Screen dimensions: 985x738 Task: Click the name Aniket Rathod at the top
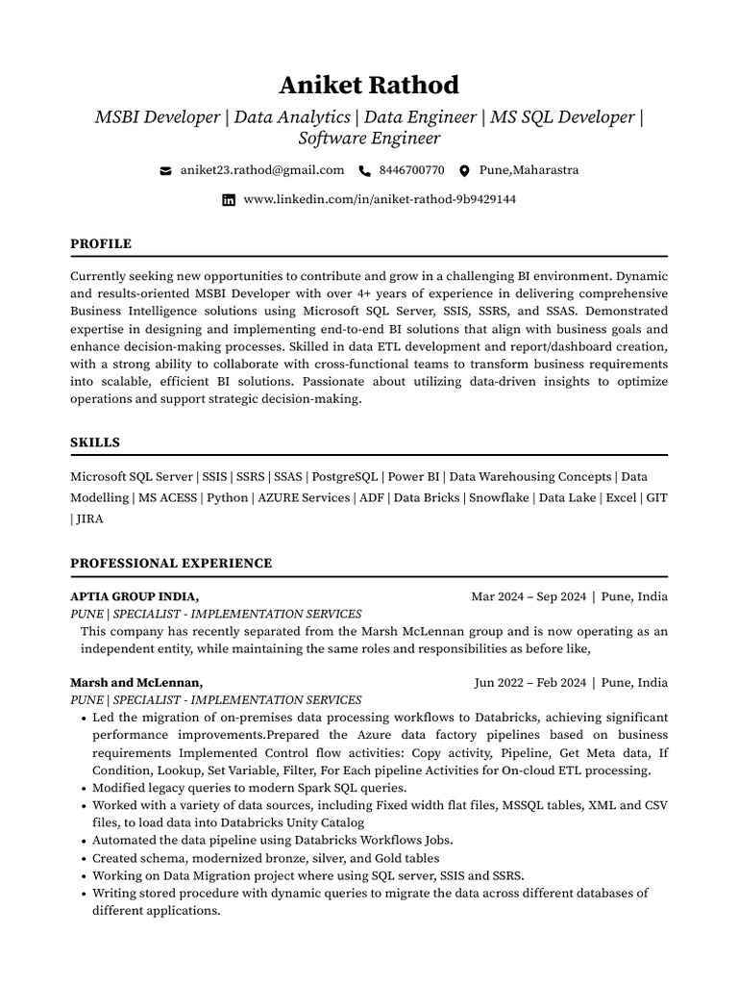pyautogui.click(x=369, y=85)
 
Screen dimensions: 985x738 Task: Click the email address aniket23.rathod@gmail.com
pyautogui.click(x=261, y=170)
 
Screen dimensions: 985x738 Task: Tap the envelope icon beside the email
pyautogui.click(x=165, y=171)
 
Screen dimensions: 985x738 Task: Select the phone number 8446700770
pyautogui.click(x=411, y=170)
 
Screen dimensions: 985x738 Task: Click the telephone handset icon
pyautogui.click(x=364, y=171)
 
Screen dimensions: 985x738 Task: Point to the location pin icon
pyautogui.click(x=464, y=171)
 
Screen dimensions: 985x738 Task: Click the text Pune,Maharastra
pyautogui.click(x=529, y=170)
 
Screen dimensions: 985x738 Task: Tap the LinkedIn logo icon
pyautogui.click(x=229, y=200)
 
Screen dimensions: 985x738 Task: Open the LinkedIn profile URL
pyautogui.click(x=380, y=199)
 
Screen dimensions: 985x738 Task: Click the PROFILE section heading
pyautogui.click(x=101, y=244)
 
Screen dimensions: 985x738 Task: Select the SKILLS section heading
pyautogui.click(x=95, y=442)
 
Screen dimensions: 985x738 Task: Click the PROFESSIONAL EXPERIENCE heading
pyautogui.click(x=171, y=564)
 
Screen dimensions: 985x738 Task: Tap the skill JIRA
pyautogui.click(x=89, y=518)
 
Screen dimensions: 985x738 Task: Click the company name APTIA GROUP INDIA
pyautogui.click(x=135, y=596)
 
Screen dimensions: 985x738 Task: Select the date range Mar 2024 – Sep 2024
pyautogui.click(x=529, y=596)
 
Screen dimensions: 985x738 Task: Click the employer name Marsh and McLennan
pyautogui.click(x=136, y=683)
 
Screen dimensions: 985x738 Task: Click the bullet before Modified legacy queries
pyautogui.click(x=84, y=788)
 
